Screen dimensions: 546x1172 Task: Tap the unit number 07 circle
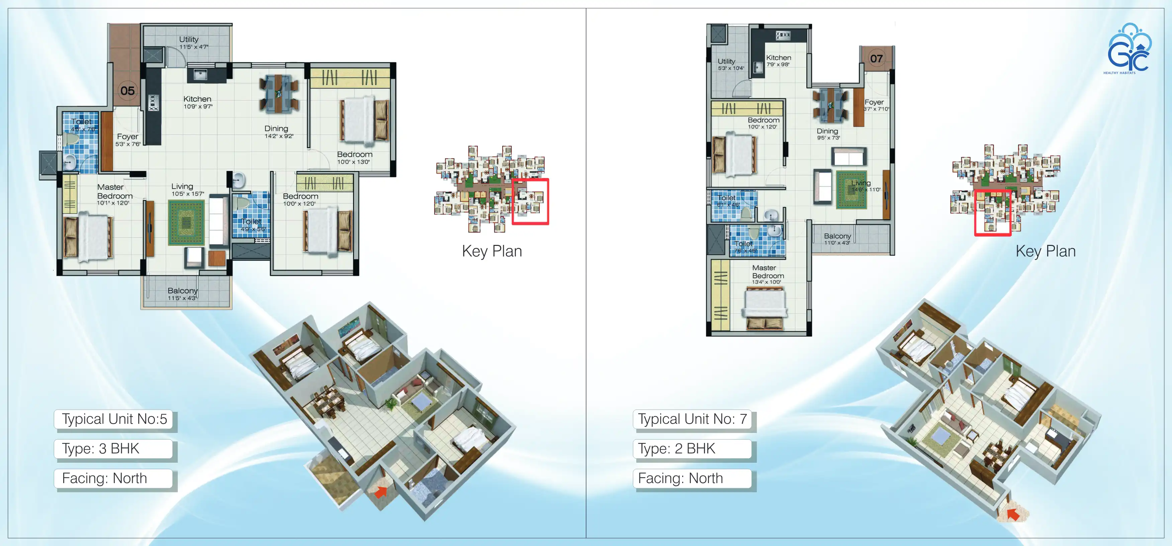[876, 58]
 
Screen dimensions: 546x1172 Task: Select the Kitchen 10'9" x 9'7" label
[197, 102]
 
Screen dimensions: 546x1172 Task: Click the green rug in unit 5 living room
[186, 223]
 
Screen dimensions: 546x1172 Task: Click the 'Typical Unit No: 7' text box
[692, 419]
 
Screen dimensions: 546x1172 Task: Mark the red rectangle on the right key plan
[992, 212]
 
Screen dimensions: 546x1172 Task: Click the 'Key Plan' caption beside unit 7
[1046, 251]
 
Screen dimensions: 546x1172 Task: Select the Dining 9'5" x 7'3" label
[828, 134]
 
